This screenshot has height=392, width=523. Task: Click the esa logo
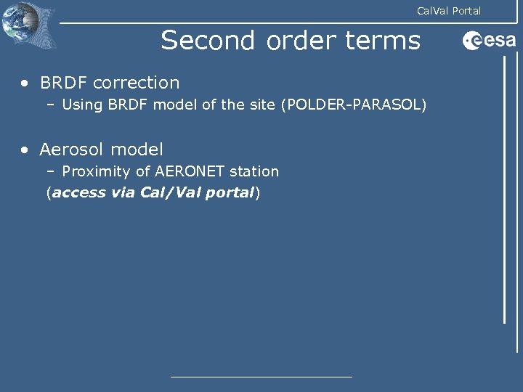489,41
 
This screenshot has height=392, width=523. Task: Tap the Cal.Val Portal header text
448,11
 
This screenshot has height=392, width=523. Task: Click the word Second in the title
207,41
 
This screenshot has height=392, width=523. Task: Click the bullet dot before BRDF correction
25,83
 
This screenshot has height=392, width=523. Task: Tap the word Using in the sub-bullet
83,105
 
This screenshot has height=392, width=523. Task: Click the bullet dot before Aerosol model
25,150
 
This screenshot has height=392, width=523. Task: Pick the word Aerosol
71,150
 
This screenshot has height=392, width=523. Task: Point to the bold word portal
228,194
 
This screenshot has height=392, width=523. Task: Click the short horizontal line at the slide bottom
261,376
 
